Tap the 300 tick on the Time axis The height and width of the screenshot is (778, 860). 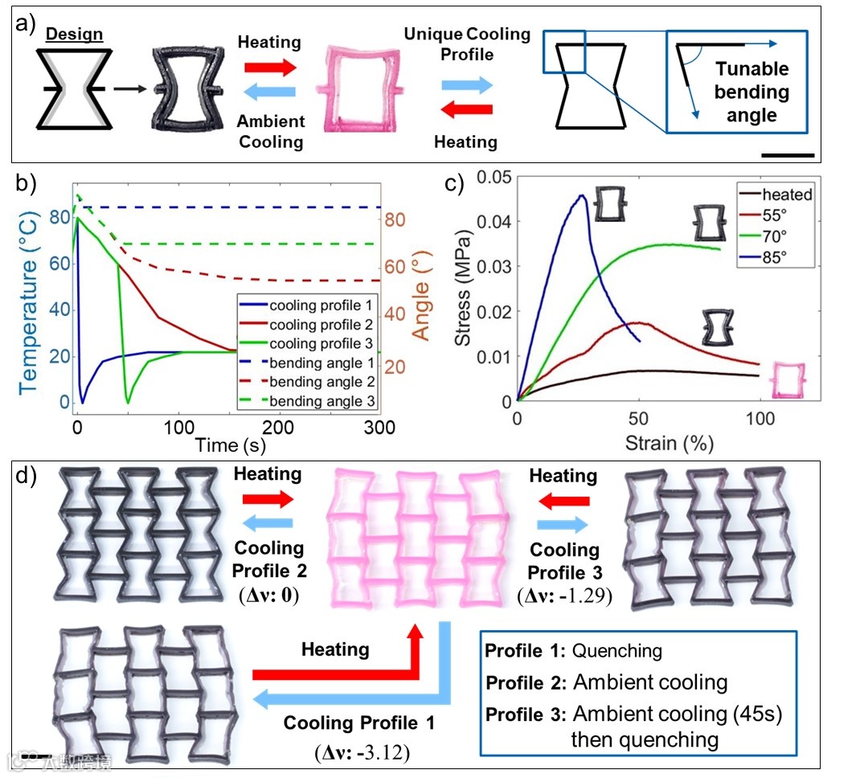pyautogui.click(x=380, y=428)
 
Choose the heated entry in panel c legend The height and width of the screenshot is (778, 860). pyautogui.click(x=787, y=194)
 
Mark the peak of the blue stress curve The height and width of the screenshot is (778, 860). pyautogui.click(x=580, y=195)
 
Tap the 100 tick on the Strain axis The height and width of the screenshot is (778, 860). pyautogui.click(x=760, y=419)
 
